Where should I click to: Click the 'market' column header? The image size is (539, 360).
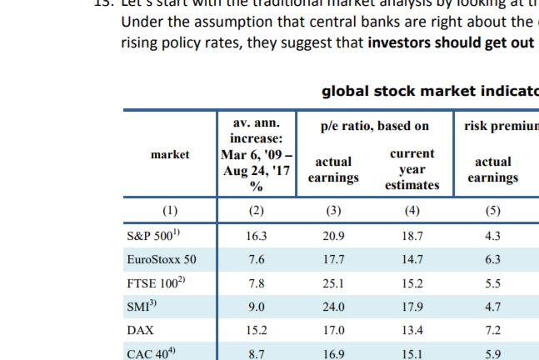coord(170,154)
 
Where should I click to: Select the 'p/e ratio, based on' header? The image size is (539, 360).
coord(374,126)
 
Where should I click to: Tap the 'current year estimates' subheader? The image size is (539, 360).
coord(412,170)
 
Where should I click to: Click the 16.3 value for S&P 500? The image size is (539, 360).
coord(257,237)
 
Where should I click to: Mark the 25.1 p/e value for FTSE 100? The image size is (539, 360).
coord(333,283)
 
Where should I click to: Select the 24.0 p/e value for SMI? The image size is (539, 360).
coord(333,307)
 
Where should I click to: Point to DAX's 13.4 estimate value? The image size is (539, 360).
coord(412,329)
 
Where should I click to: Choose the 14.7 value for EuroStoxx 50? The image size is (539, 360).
coord(412,260)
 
